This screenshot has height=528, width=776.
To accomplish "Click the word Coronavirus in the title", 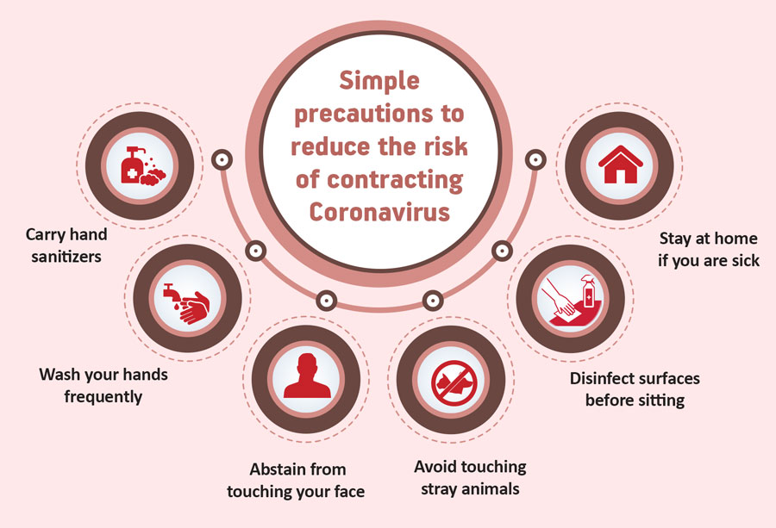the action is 379,212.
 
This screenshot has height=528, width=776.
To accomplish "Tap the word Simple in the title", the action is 379,81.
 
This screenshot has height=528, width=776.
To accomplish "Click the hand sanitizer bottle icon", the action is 131,165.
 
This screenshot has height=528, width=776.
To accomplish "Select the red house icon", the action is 621,165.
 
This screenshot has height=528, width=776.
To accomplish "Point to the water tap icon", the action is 170,292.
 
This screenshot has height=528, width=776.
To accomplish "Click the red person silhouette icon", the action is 307,376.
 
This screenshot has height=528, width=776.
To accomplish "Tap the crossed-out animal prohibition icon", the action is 454,382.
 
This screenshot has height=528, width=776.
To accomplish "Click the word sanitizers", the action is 66,257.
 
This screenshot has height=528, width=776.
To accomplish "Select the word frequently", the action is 103,397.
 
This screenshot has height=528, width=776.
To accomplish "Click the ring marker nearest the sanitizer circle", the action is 222,159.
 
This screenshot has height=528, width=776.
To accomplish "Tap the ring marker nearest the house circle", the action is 535,159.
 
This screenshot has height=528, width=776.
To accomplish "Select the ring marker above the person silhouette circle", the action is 326,300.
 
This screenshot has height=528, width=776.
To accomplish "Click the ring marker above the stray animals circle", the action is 433,300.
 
